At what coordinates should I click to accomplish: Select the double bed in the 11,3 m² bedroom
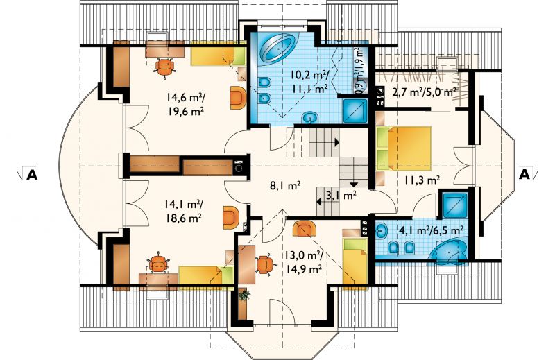click(x=404, y=148)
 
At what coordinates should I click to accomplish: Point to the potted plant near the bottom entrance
click(x=244, y=295)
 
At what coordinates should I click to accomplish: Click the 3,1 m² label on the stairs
click(x=340, y=195)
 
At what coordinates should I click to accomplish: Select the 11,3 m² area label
click(x=422, y=180)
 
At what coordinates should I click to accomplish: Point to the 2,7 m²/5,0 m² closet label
click(x=424, y=93)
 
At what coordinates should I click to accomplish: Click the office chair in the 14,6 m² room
click(x=164, y=66)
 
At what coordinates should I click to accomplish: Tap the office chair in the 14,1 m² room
click(x=158, y=264)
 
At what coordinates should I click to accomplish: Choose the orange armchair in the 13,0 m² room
click(x=305, y=229)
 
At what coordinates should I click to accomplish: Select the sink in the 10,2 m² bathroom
click(x=311, y=117)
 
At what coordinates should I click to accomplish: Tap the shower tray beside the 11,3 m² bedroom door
click(x=454, y=205)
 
